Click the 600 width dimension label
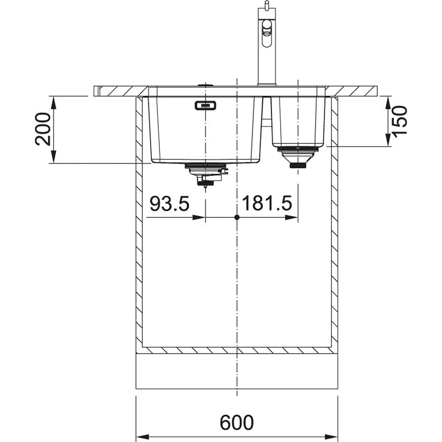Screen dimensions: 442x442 (x=237, y=422)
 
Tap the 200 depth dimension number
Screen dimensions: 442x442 (x=43, y=129)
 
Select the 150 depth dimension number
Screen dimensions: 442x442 (x=400, y=122)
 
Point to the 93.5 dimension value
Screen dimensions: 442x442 (x=170, y=204)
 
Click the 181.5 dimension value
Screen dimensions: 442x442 (x=267, y=204)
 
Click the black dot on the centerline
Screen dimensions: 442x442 (x=237, y=217)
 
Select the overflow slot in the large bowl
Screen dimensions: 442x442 (x=206, y=105)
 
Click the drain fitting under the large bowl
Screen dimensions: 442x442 (x=206, y=175)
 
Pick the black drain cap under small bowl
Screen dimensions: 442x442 (x=298, y=165)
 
